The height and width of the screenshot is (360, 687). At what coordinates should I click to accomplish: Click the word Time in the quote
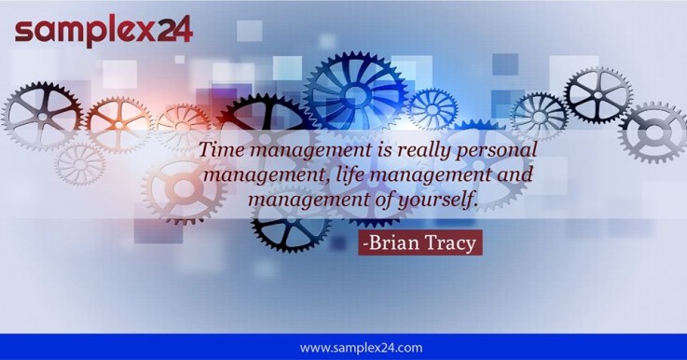click(222, 151)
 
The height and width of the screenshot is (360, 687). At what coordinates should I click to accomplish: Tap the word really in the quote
click(412, 151)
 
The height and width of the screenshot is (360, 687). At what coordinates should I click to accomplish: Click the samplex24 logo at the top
click(103, 30)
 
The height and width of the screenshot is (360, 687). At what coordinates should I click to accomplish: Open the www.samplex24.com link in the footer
click(361, 348)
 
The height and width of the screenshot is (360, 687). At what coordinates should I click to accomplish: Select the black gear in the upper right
click(597, 93)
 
